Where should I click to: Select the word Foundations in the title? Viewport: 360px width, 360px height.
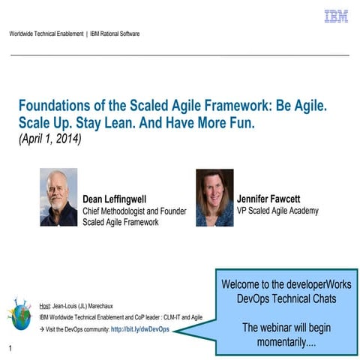coord(52,106)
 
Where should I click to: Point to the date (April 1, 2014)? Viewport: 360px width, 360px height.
coord(49,138)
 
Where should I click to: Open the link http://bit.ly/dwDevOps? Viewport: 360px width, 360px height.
coord(139,329)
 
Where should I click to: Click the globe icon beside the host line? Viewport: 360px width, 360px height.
coord(19,314)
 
